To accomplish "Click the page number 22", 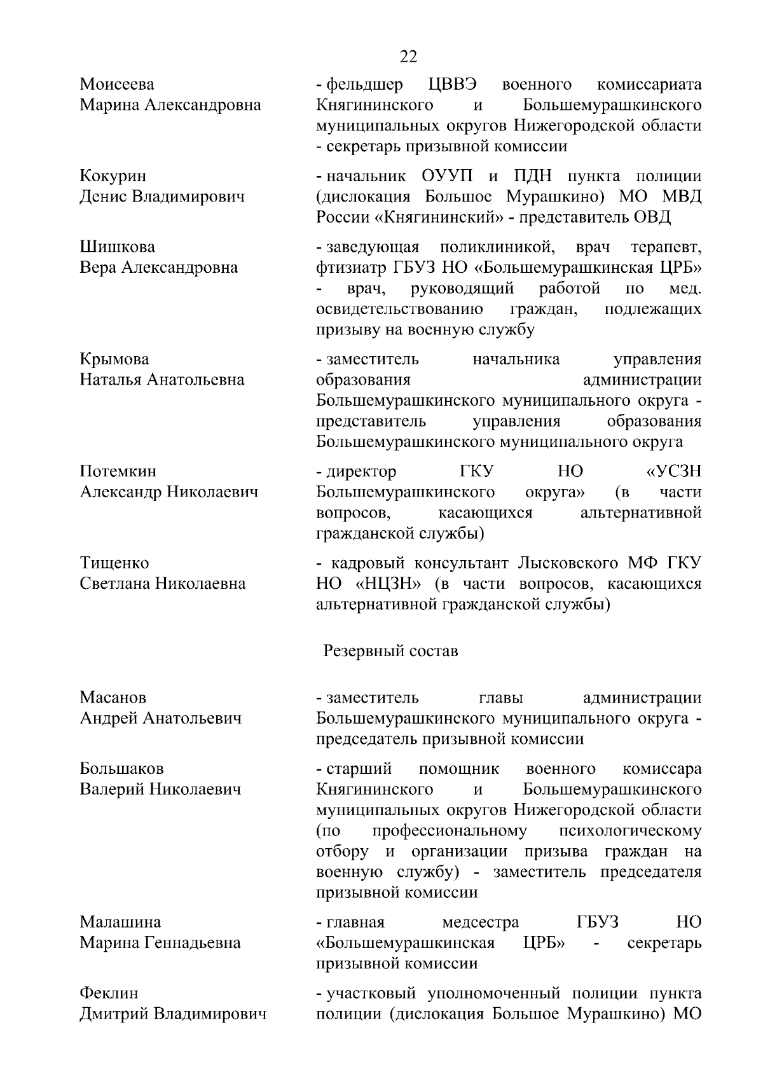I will (x=409, y=57).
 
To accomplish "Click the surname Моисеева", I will (x=117, y=84).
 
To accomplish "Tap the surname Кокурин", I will (x=113, y=175).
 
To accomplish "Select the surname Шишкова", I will (x=117, y=247).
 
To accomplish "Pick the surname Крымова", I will (x=114, y=359).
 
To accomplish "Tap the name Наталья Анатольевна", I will (x=162, y=380).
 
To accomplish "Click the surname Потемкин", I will (x=118, y=471).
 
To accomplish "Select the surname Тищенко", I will (x=114, y=563).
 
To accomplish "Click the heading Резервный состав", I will (x=390, y=652).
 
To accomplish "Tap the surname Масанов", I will (x=113, y=698).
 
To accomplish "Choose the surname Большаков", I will (x=121, y=769).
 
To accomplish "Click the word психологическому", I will (x=629, y=831).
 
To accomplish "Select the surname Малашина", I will (x=120, y=922).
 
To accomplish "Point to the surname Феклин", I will (x=109, y=993).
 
